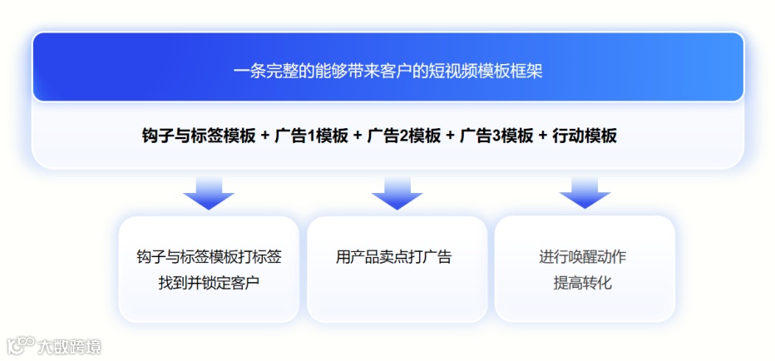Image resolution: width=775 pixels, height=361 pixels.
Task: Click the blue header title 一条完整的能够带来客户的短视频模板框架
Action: (387, 71)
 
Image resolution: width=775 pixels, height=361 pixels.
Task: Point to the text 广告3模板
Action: (496, 136)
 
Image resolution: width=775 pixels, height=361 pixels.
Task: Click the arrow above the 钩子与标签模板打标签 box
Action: (209, 192)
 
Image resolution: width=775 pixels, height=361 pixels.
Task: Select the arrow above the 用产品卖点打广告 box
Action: (397, 192)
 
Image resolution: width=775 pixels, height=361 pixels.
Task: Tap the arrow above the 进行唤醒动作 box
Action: (585, 192)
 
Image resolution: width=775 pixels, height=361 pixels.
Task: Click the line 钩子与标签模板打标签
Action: (209, 257)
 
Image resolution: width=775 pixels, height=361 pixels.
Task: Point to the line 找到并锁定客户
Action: (209, 283)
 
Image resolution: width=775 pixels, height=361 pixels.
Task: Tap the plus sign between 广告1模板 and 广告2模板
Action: (358, 136)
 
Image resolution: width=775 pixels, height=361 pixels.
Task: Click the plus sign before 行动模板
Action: (543, 136)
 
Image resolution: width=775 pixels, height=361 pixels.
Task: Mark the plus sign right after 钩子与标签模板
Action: (264, 136)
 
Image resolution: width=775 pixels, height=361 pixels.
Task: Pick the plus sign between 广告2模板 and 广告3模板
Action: (450, 136)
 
